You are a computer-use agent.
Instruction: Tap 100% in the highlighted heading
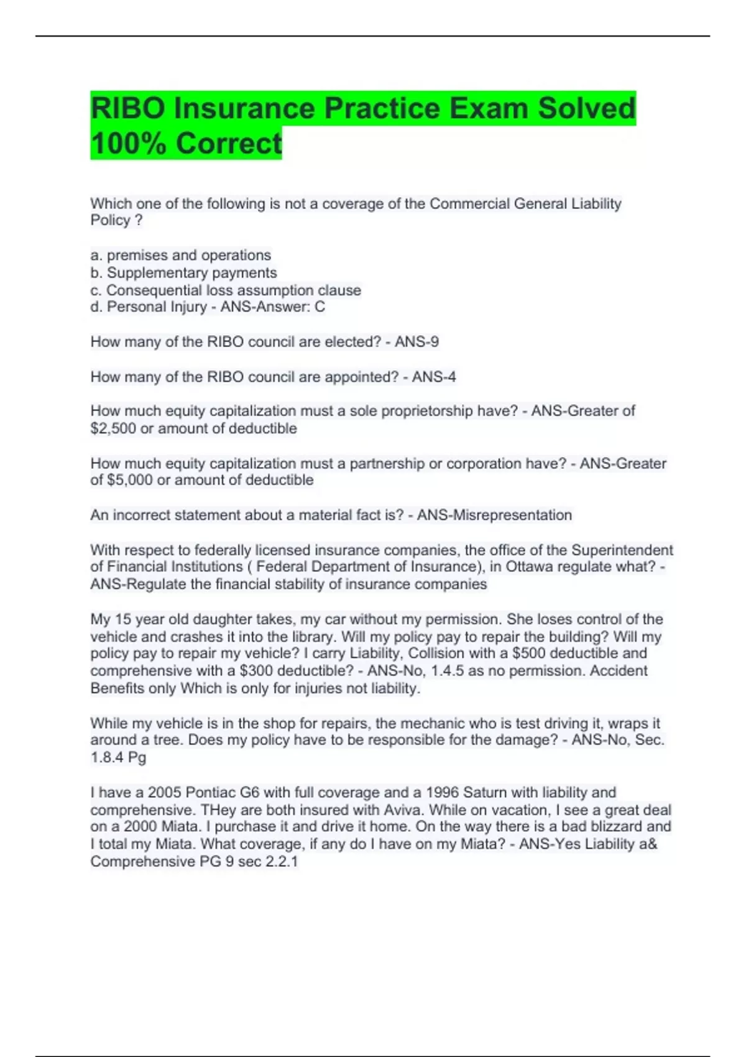[128, 144]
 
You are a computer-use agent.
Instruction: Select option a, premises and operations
[181, 256]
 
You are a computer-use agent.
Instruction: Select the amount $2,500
[113, 428]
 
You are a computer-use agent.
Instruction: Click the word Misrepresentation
[494, 515]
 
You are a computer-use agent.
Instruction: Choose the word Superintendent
[622, 550]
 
